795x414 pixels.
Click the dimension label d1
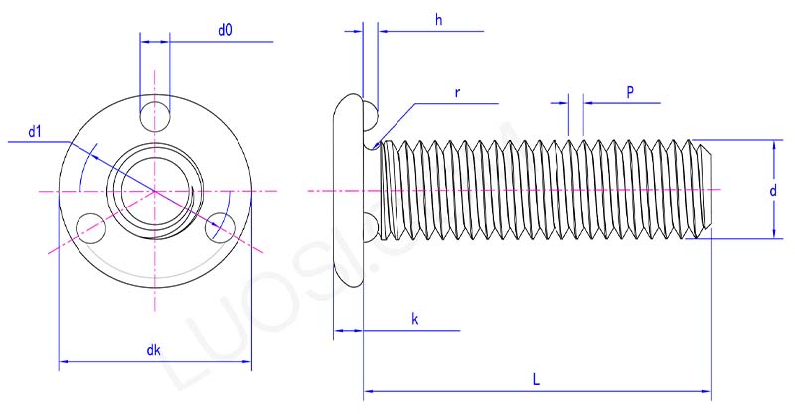pyautogui.click(x=34, y=131)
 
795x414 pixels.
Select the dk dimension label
pyautogui.click(x=153, y=349)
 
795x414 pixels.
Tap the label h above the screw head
pyautogui.click(x=438, y=20)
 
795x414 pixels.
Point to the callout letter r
pyautogui.click(x=456, y=92)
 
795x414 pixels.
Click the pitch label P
pyautogui.click(x=630, y=91)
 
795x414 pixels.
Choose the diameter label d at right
pyautogui.click(x=772, y=190)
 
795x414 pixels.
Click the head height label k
pyautogui.click(x=414, y=319)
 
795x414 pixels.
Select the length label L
pyautogui.click(x=536, y=380)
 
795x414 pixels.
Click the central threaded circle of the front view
pyautogui.click(x=153, y=188)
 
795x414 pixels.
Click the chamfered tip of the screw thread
pyautogui.click(x=706, y=189)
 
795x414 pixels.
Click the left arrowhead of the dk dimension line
pyautogui.click(x=65, y=363)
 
